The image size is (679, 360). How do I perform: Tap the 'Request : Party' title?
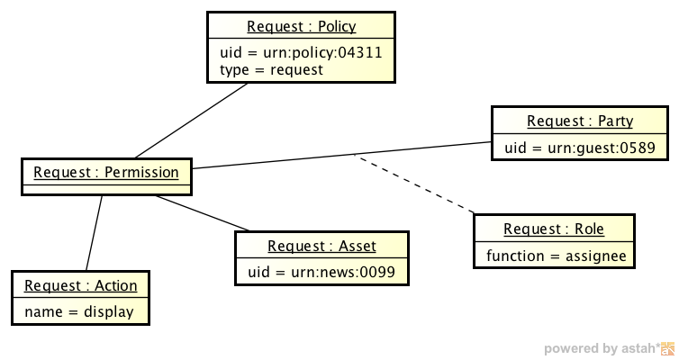coord(580,121)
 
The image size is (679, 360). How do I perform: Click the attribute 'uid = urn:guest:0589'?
coord(579,147)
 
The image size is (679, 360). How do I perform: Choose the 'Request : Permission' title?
coord(106,171)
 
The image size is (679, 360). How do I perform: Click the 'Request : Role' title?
coord(553,229)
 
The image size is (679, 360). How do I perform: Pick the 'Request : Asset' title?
coord(321,246)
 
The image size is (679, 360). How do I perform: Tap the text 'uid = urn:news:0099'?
coord(321,271)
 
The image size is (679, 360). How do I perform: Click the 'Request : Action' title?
coord(81,285)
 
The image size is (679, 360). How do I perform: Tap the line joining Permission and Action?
coord(94,232)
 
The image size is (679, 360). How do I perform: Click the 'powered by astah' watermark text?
coord(599,349)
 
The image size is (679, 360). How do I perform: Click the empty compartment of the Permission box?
coord(106,188)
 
